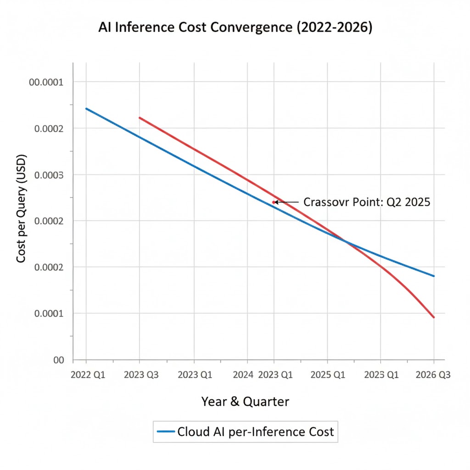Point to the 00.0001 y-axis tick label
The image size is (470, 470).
tap(46, 82)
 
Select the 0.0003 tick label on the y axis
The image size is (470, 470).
tap(48, 175)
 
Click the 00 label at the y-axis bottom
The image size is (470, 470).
tap(58, 360)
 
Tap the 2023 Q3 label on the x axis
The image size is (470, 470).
tap(141, 375)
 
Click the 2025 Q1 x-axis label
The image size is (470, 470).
tap(328, 375)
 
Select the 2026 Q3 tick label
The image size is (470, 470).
tap(433, 375)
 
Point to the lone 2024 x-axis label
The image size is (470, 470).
tap(243, 375)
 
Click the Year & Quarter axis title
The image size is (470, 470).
tap(245, 402)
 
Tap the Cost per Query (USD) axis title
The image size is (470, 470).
tap(21, 209)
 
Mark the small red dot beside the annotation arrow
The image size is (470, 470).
tap(274, 202)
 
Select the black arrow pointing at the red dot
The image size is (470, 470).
tap(286, 202)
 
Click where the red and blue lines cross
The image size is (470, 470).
tap(345, 241)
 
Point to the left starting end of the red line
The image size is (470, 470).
tap(140, 118)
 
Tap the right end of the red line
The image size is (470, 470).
tap(434, 317)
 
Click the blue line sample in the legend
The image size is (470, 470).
tap(165, 431)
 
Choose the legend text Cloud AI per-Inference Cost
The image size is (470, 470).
tap(255, 432)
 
